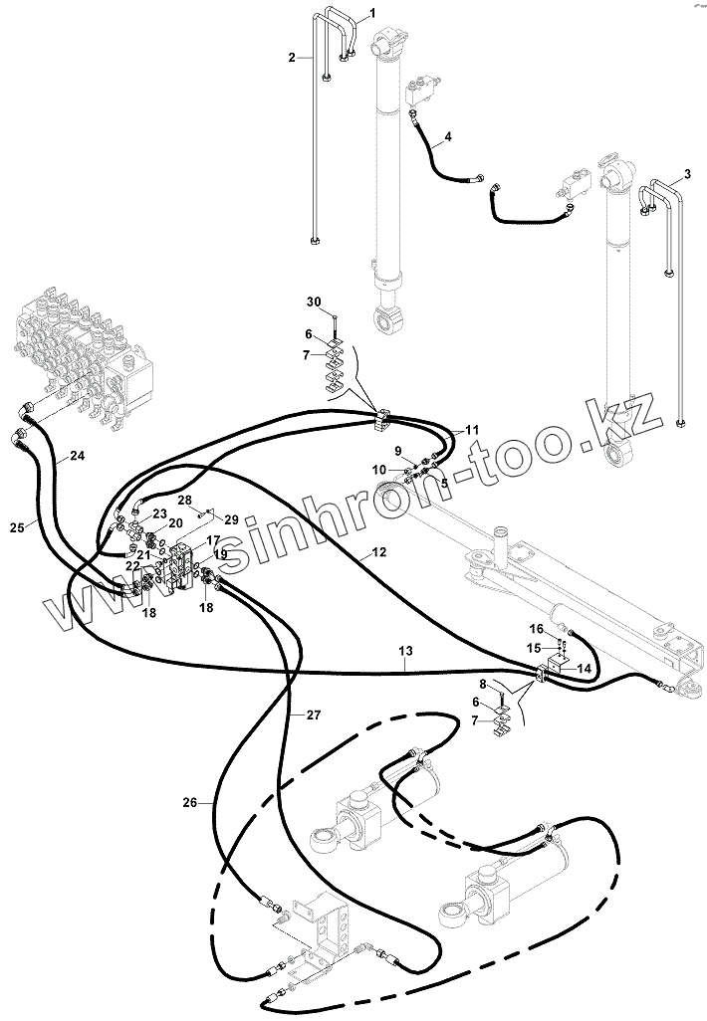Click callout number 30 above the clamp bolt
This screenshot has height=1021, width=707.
click(x=313, y=302)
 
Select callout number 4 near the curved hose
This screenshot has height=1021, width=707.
click(x=447, y=135)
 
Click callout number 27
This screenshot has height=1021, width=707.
click(x=313, y=715)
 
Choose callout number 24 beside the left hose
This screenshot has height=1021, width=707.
click(x=77, y=457)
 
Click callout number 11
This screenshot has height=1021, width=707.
click(x=472, y=430)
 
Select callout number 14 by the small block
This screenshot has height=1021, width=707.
click(x=584, y=669)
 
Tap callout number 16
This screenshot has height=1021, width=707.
click(x=536, y=629)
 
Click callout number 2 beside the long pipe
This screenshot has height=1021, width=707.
click(x=293, y=58)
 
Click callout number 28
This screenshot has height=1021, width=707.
click(x=184, y=499)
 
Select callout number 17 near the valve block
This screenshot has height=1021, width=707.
click(x=213, y=540)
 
